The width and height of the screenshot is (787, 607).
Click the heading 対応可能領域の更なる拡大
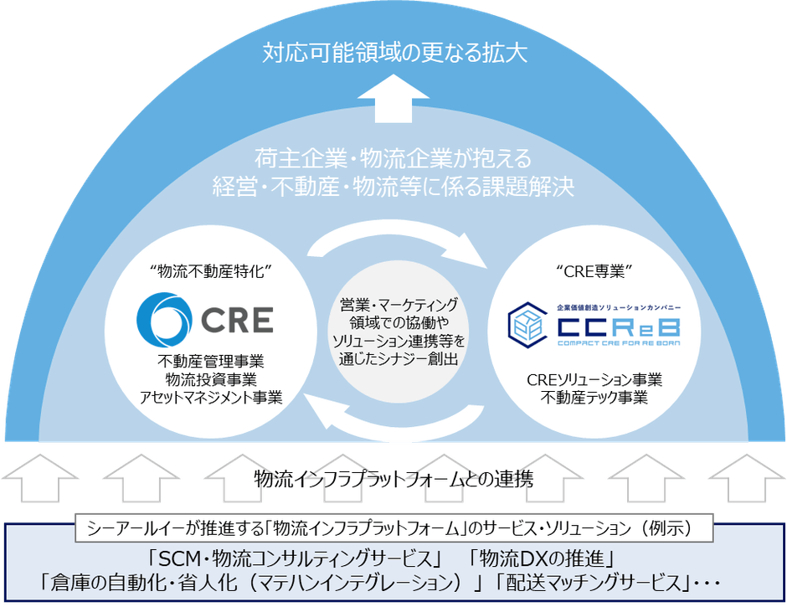point(393,53)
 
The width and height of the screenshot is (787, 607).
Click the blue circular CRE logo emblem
point(163,319)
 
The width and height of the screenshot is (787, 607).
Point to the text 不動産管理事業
point(210,362)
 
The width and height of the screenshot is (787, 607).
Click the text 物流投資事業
point(210,379)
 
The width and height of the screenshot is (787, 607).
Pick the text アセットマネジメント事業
point(210,397)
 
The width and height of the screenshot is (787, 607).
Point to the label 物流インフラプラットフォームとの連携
point(393,479)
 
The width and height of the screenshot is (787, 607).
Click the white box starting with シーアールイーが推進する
point(393,528)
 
